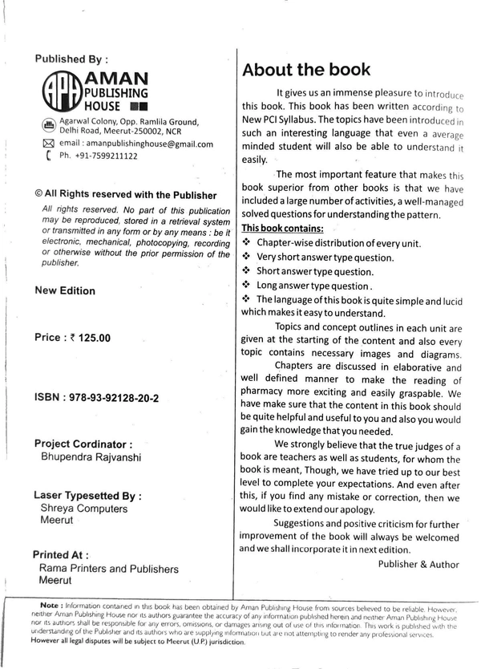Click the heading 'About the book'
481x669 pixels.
pyautogui.click(x=306, y=69)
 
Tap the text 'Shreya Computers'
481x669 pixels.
pyautogui.click(x=83, y=509)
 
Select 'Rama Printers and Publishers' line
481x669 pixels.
pyautogui.click(x=108, y=569)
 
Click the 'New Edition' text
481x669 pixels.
pyautogui.click(x=66, y=291)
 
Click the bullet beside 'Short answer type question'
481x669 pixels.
pyautogui.click(x=247, y=270)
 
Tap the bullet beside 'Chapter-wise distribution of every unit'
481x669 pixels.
pyautogui.click(x=247, y=242)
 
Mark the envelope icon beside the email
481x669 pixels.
pyautogui.click(x=48, y=144)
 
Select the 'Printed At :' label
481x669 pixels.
pyautogui.click(x=61, y=554)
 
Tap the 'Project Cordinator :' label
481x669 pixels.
pyautogui.click(x=83, y=443)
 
